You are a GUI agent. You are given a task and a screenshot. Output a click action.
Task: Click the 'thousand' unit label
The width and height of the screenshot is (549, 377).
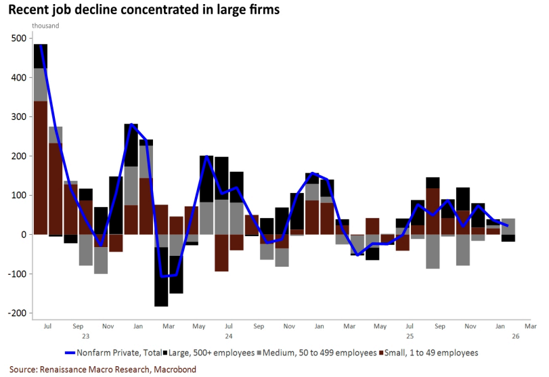[45, 26]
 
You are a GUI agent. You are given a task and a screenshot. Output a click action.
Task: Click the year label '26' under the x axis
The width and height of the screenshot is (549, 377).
[516, 336]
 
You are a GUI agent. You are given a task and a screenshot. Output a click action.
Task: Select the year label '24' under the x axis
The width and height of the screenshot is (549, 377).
[229, 336]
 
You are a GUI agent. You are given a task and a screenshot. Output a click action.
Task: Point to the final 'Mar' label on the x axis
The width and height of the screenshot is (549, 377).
[531, 326]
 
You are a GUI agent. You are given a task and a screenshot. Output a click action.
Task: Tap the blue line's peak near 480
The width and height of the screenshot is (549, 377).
[41, 46]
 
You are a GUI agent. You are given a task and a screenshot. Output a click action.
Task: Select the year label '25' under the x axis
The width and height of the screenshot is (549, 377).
[410, 336]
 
